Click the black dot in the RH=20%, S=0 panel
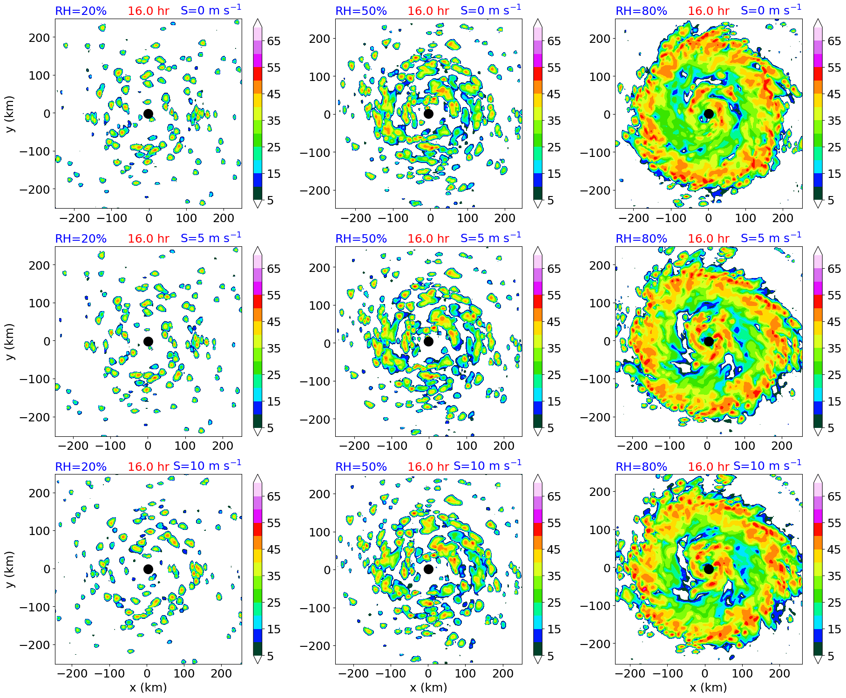(x=148, y=114)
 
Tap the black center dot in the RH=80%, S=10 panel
(x=709, y=569)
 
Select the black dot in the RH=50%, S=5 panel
(x=428, y=341)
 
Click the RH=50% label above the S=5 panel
(x=361, y=239)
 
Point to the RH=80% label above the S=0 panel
(x=641, y=11)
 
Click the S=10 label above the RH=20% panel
(x=207, y=466)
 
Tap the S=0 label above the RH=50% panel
(x=491, y=10)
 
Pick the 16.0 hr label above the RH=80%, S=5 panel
(x=708, y=239)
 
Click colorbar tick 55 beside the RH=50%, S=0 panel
(x=554, y=68)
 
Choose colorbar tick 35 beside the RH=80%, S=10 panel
(x=834, y=576)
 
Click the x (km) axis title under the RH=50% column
(x=428, y=688)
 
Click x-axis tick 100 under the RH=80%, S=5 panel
(x=744, y=446)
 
